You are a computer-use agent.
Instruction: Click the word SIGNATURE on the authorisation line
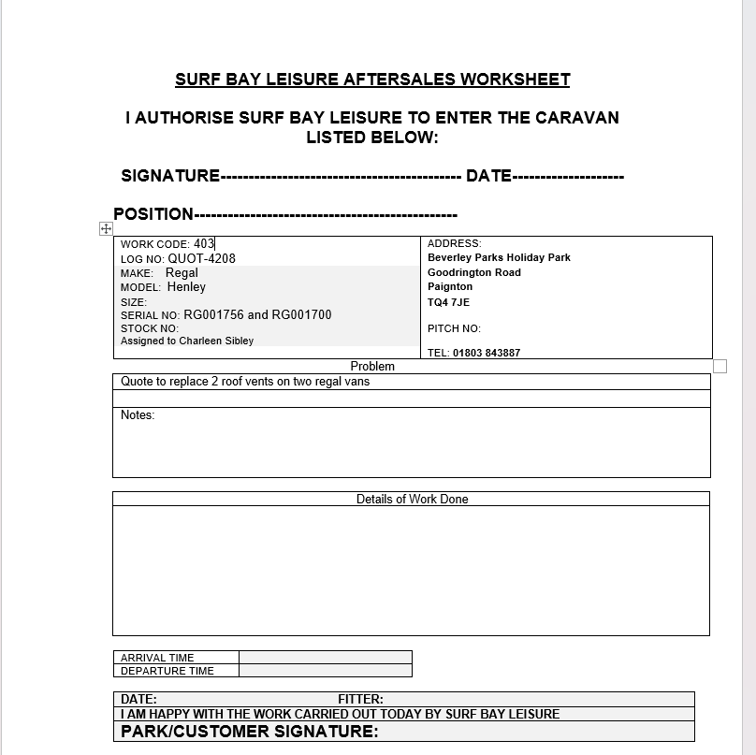tap(170, 176)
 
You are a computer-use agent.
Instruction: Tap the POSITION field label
tap(153, 213)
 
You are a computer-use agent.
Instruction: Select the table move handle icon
tap(106, 229)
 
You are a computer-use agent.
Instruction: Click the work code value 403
tap(204, 243)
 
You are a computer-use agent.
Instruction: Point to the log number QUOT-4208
tap(201, 258)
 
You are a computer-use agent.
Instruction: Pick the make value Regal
tap(182, 273)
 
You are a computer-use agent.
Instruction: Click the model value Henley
tap(186, 287)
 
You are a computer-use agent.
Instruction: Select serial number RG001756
tap(213, 315)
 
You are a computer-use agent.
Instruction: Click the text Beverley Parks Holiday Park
tap(499, 257)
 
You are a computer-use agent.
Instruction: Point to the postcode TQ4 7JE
tap(448, 302)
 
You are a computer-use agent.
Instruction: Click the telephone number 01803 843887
tap(487, 353)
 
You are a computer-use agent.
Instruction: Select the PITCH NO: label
tap(454, 328)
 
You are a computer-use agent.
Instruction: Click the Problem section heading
tap(372, 367)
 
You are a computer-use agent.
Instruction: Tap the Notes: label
tap(138, 415)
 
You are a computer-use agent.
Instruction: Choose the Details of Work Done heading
tap(412, 500)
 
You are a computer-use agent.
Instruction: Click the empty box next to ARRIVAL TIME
tap(325, 657)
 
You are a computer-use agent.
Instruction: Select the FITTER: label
tap(360, 699)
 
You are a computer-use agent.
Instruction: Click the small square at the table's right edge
tap(720, 366)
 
